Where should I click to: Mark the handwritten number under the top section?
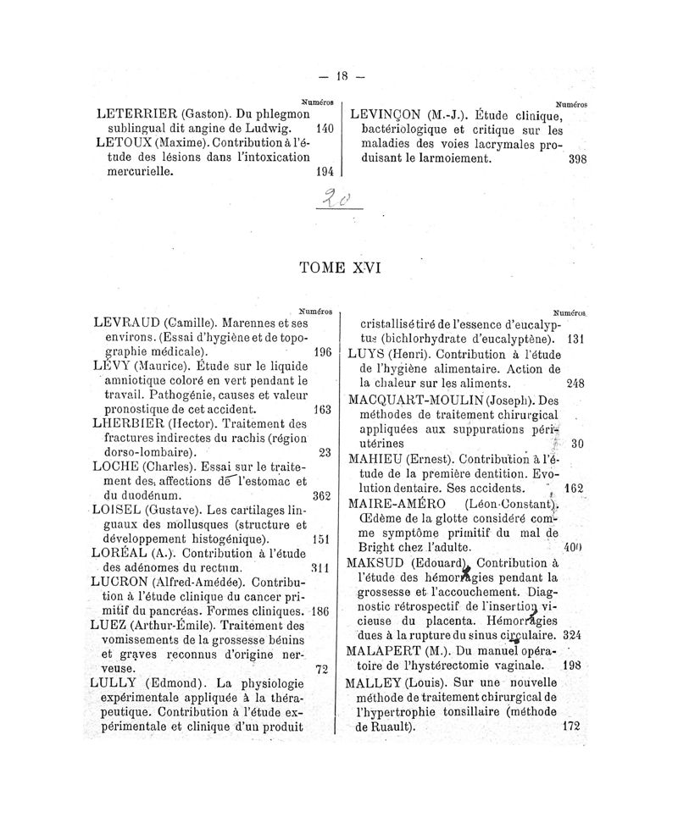[337, 201]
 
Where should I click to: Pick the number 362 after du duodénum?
[320, 495]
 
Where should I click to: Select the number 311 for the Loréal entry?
[319, 567]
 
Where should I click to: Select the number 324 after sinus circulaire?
[571, 634]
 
